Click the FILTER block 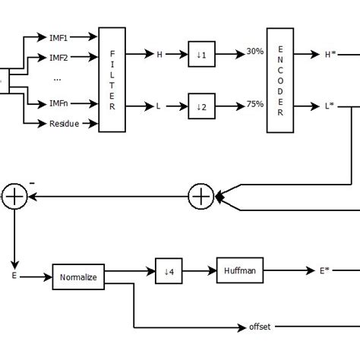pos(112,80)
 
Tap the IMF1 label pos(59,36)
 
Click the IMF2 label pos(59,58)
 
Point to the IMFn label pos(59,103)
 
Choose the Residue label pos(64,124)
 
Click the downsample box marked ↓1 pos(201,55)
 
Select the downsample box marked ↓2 pos(201,107)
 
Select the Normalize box pos(78,278)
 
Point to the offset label pos(260,327)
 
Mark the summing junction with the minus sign pos(15,196)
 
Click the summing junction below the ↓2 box pos(201,196)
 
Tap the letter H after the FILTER pos(159,55)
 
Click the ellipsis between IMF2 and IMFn pos(58,80)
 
